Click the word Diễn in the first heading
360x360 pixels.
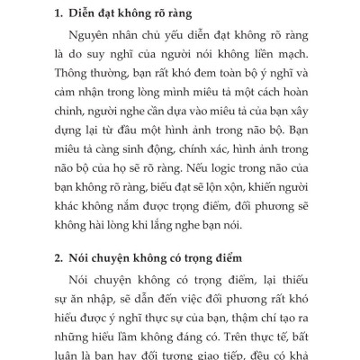85,15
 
